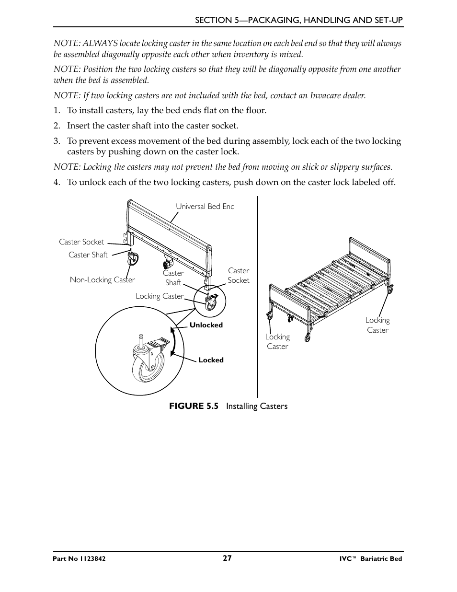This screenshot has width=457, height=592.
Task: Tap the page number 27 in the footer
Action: [227, 558]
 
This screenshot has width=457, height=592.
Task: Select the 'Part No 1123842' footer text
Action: [79, 559]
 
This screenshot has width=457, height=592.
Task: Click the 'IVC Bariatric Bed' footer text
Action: [368, 559]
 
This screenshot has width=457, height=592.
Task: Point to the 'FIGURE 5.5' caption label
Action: [193, 406]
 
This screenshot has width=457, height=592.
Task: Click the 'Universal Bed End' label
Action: [205, 207]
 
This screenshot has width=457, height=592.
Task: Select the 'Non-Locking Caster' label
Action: [102, 280]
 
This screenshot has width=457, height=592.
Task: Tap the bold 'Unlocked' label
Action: [206, 325]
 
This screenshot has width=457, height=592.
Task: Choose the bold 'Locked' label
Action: [211, 360]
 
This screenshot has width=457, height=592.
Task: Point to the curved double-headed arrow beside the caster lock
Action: [175, 342]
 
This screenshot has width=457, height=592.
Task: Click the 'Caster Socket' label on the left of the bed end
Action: [81, 242]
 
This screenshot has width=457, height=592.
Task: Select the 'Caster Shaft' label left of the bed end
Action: [88, 255]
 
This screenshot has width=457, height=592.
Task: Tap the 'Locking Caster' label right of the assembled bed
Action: [377, 325]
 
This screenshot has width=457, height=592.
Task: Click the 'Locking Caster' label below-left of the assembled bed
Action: [277, 342]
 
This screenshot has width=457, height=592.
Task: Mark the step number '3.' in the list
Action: [57, 141]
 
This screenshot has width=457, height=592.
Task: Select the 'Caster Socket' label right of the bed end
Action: [238, 276]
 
